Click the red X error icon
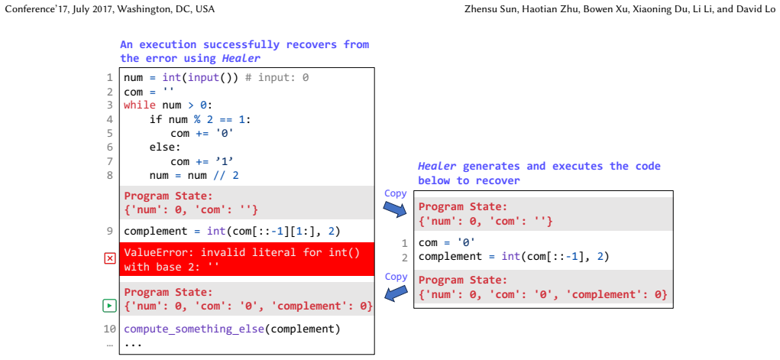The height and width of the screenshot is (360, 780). (x=110, y=258)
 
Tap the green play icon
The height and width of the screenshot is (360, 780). (x=110, y=306)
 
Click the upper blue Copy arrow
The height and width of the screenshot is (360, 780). (x=396, y=209)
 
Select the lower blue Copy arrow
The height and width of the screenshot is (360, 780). (x=396, y=292)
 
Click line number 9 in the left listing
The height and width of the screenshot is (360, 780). (x=110, y=232)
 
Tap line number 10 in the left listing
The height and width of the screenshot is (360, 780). (x=109, y=329)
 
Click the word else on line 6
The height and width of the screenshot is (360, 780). (x=160, y=148)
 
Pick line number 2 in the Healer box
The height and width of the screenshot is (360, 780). (x=404, y=258)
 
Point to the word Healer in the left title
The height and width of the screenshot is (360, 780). (x=241, y=59)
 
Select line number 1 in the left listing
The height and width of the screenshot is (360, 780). (x=110, y=78)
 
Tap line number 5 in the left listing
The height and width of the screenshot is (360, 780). (x=110, y=134)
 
